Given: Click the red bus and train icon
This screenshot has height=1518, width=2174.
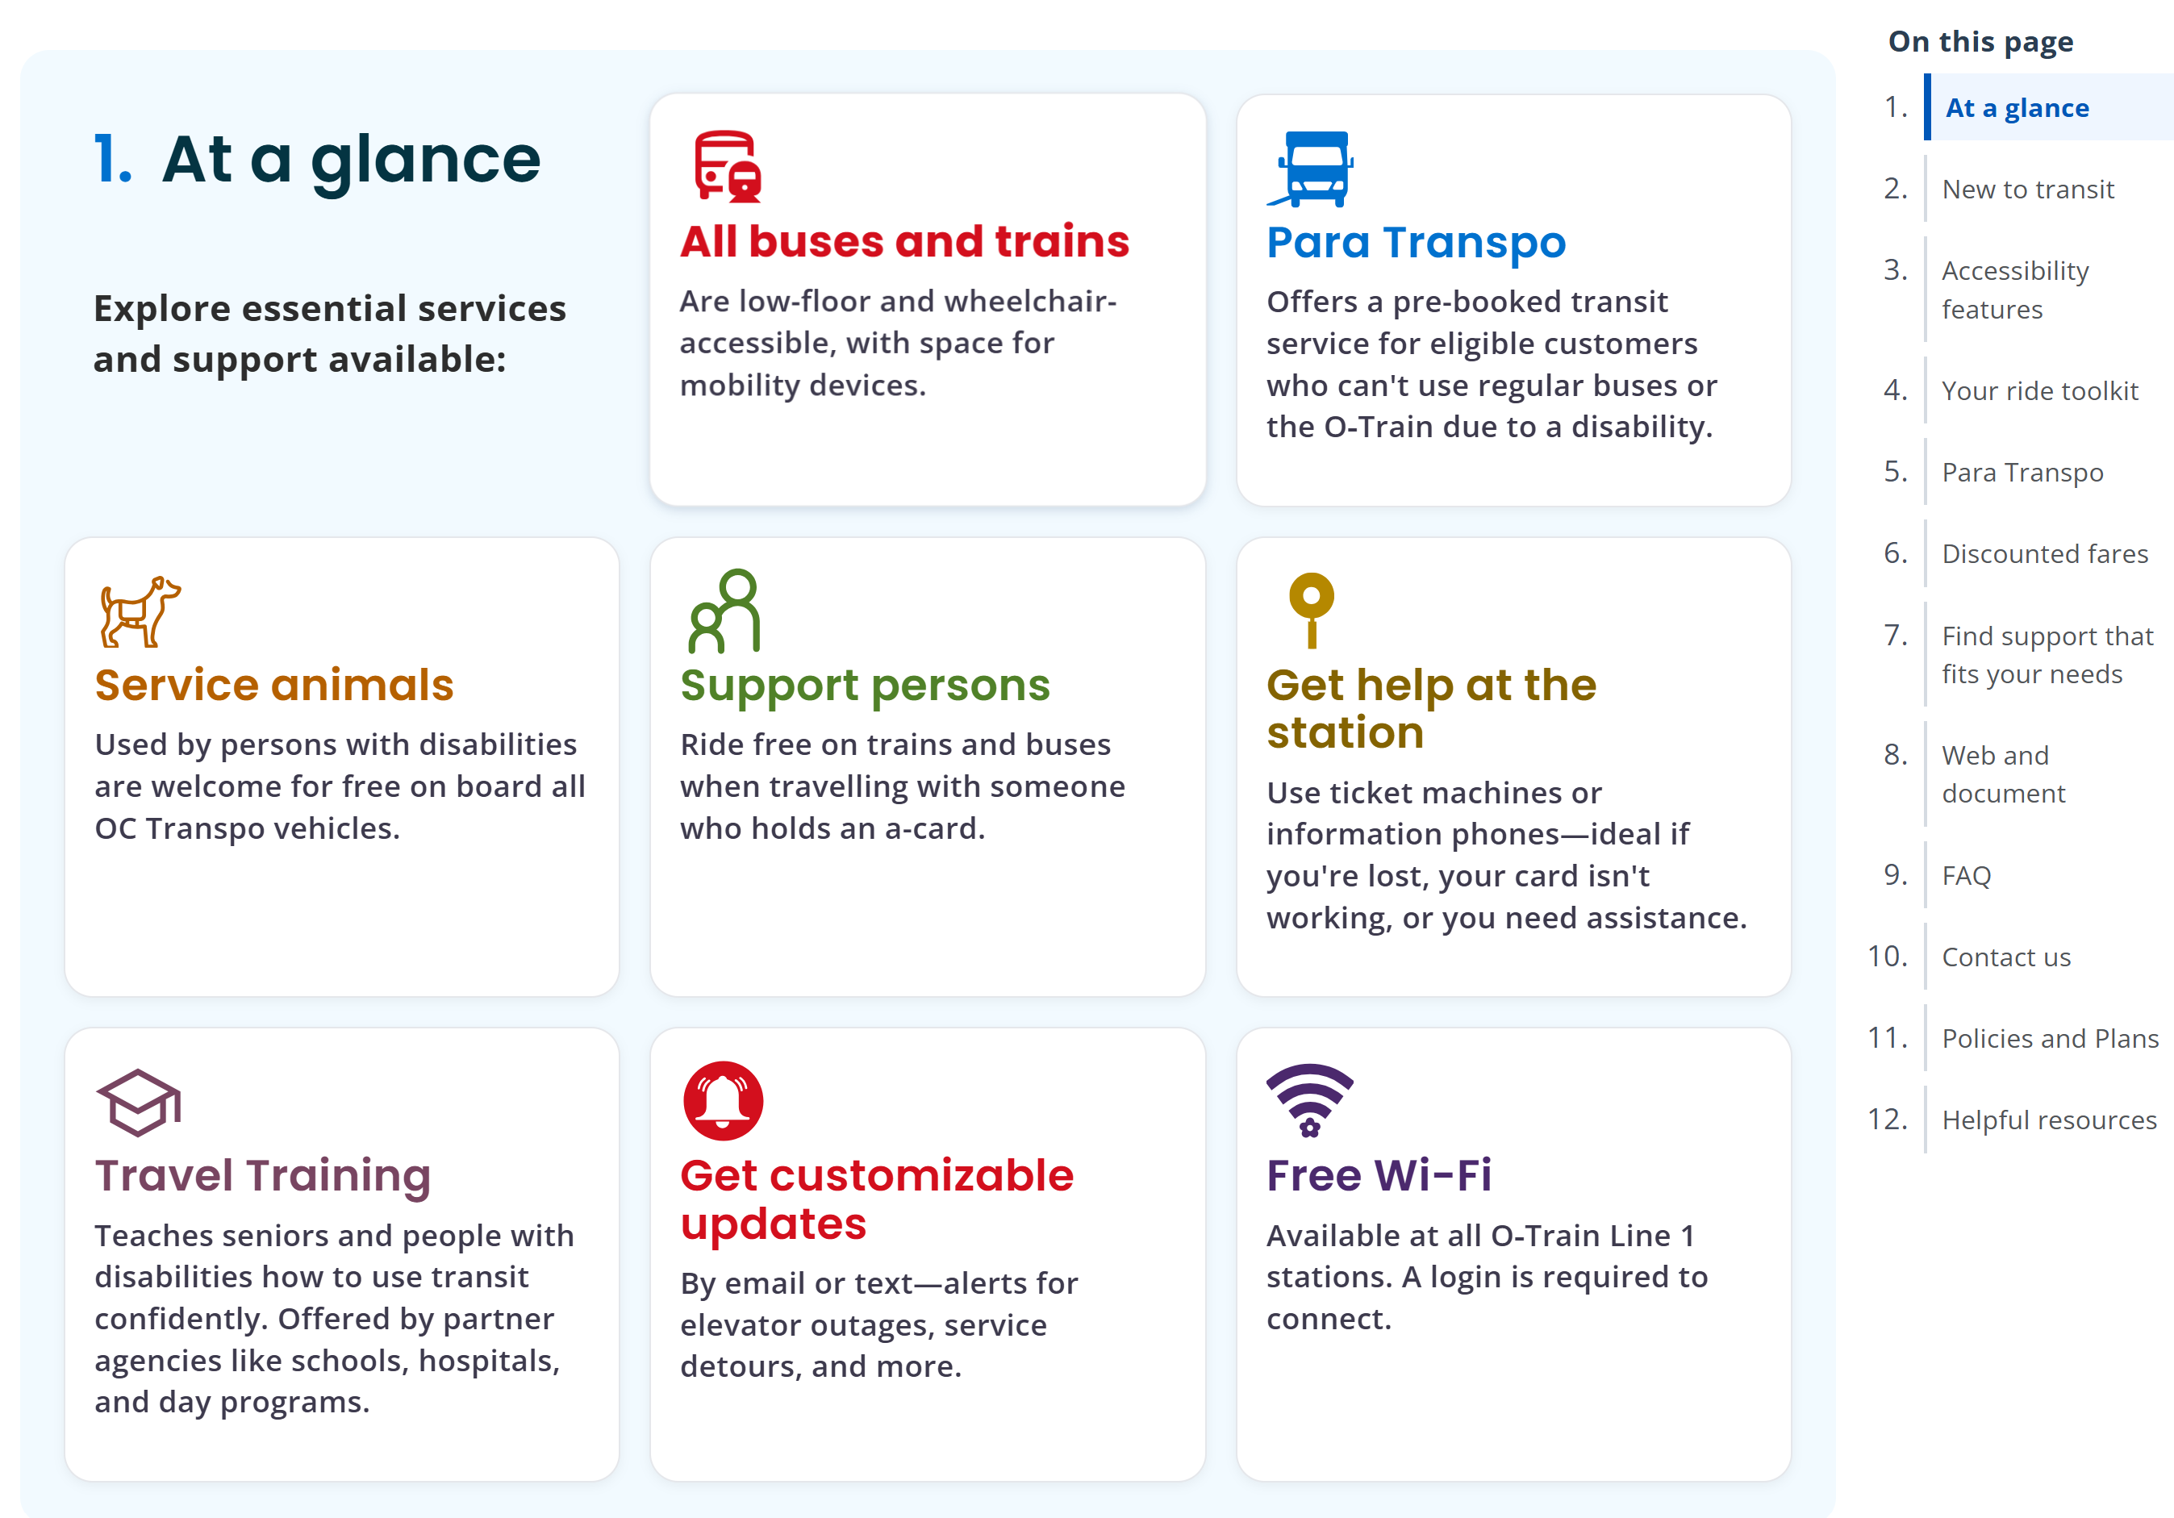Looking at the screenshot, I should pyautogui.click(x=727, y=167).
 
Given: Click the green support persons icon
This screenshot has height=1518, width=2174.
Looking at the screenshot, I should pyautogui.click(x=725, y=611).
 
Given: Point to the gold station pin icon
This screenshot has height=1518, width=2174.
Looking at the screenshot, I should pyautogui.click(x=1312, y=609).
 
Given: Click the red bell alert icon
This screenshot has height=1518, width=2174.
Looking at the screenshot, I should pyautogui.click(x=724, y=1100).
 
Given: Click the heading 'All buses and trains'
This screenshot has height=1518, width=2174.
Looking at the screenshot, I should pyautogui.click(x=904, y=241).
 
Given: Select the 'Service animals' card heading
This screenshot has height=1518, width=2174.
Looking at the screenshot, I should pyautogui.click(x=273, y=685).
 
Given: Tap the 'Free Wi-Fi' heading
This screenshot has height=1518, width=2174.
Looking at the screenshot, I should pyautogui.click(x=1379, y=1175).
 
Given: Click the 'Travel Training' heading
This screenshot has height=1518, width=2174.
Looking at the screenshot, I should pyautogui.click(x=262, y=1175).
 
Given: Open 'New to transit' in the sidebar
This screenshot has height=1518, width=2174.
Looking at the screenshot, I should pyautogui.click(x=2027, y=190).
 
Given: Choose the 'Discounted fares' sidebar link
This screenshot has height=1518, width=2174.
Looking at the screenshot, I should pyautogui.click(x=2044, y=554).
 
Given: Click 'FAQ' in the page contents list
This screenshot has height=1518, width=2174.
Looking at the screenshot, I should pyautogui.click(x=1966, y=876).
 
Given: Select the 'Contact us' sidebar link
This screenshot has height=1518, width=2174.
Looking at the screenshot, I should pyautogui.click(x=2005, y=957).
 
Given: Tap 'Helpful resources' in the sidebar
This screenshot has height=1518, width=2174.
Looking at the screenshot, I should pyautogui.click(x=2049, y=1120).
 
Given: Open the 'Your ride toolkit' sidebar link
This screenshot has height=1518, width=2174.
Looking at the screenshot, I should pyautogui.click(x=2039, y=391).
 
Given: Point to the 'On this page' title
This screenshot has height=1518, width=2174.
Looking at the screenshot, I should pyautogui.click(x=1980, y=42).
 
